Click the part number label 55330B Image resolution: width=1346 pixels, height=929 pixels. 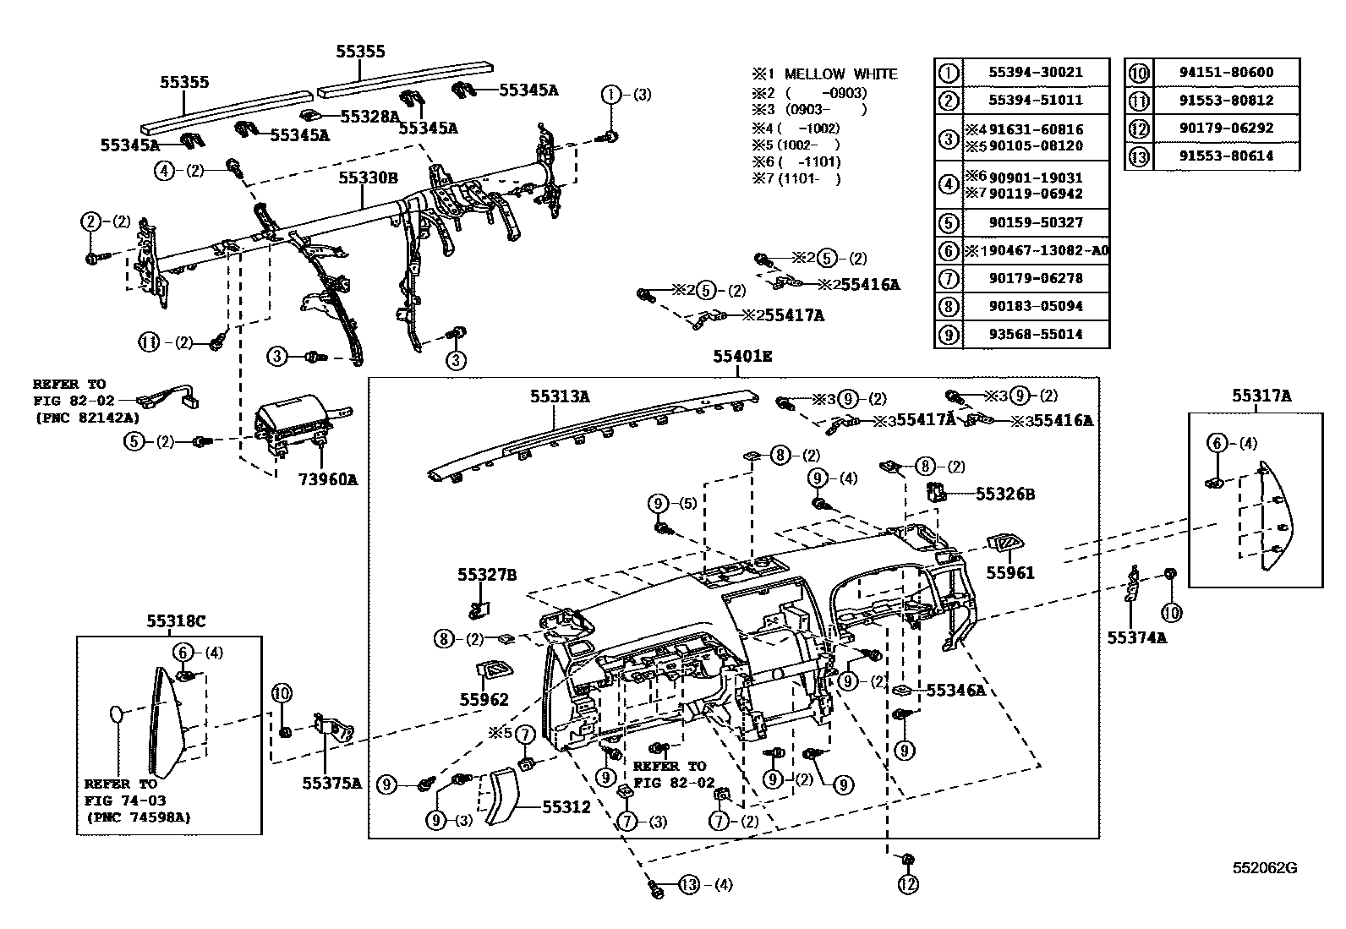[368, 178]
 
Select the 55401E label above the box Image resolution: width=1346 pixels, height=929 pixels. [741, 357]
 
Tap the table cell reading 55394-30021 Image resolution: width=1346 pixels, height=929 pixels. [1035, 73]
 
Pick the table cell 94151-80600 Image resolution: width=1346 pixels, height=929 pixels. [1226, 73]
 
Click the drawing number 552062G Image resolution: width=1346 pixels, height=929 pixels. [1264, 868]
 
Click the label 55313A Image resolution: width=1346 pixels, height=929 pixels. [560, 396]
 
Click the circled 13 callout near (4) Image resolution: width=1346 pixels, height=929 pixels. [689, 885]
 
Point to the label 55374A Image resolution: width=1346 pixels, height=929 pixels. [1136, 638]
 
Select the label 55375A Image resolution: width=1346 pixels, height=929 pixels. [331, 783]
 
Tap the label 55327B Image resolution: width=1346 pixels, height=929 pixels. [487, 575]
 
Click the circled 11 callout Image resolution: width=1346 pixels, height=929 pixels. [149, 342]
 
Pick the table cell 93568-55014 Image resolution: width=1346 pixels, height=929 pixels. [1035, 334]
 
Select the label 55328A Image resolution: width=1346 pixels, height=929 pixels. [369, 116]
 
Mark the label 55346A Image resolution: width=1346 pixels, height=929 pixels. [955, 691]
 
